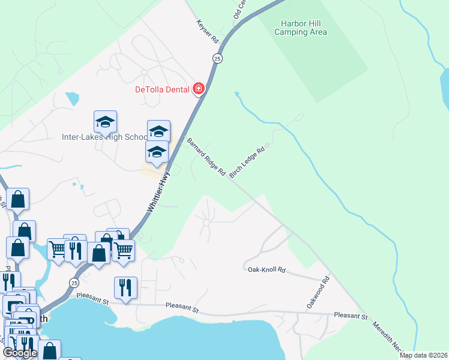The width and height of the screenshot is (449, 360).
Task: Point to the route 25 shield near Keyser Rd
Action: tap(217, 58)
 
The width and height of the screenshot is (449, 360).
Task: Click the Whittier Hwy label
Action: tap(158, 192)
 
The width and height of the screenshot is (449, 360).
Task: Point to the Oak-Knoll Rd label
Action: tap(267, 270)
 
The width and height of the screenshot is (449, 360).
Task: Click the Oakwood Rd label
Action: tap(318, 293)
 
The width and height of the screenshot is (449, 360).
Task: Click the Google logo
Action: tap(20, 352)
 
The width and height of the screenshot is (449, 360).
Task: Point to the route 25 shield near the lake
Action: tap(74, 283)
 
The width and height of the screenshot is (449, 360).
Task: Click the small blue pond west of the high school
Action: tap(72, 98)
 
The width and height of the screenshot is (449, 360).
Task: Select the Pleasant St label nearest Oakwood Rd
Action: tap(350, 315)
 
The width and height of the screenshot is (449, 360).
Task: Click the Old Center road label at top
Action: tap(240, 8)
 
